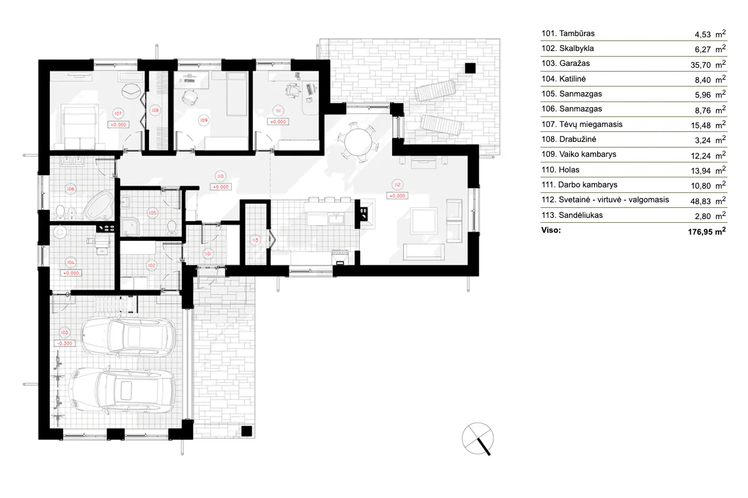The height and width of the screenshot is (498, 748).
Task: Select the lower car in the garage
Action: [122, 390]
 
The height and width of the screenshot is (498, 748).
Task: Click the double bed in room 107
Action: [77, 123]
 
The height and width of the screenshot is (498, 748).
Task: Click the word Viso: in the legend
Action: [552, 230]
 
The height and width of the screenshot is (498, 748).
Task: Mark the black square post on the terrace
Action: [470, 68]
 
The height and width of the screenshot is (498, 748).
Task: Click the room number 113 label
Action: [254, 240]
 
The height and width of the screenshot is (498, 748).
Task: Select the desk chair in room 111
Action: [291, 91]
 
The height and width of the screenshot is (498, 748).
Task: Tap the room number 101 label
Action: [208, 253]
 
